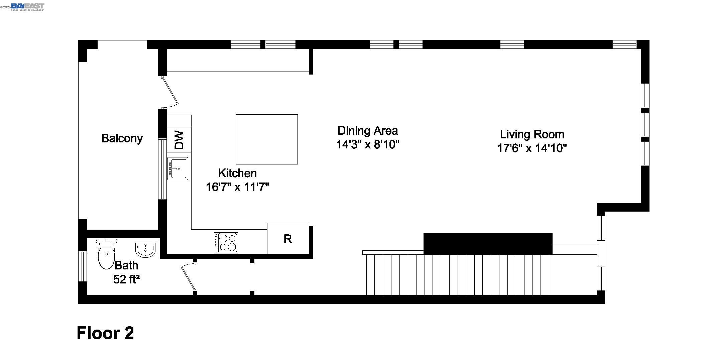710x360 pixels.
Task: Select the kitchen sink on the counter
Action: (x=177, y=168)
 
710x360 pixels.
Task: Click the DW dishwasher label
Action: (x=179, y=140)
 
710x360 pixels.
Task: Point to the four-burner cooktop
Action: (x=226, y=243)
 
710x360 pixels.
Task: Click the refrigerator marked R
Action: (x=288, y=239)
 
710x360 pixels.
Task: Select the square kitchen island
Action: (x=266, y=139)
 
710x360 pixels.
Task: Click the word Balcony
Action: (x=122, y=138)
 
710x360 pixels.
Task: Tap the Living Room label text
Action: (x=532, y=134)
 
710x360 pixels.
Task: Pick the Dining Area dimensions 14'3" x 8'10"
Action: (x=368, y=145)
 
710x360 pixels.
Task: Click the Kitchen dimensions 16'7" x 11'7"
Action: (x=237, y=187)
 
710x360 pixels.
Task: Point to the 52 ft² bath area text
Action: (x=126, y=279)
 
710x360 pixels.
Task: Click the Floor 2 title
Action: (x=105, y=333)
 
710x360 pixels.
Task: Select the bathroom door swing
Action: (x=188, y=277)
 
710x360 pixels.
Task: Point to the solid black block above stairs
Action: (x=488, y=244)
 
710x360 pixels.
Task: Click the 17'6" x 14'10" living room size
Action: (x=532, y=148)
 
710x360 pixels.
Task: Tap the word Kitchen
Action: (x=237, y=173)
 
